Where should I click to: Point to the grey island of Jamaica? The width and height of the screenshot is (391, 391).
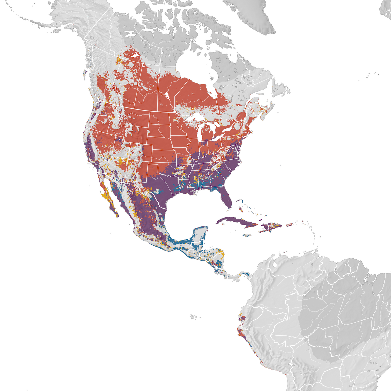click(248, 235)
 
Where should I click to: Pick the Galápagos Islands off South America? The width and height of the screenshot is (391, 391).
click(194, 316)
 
